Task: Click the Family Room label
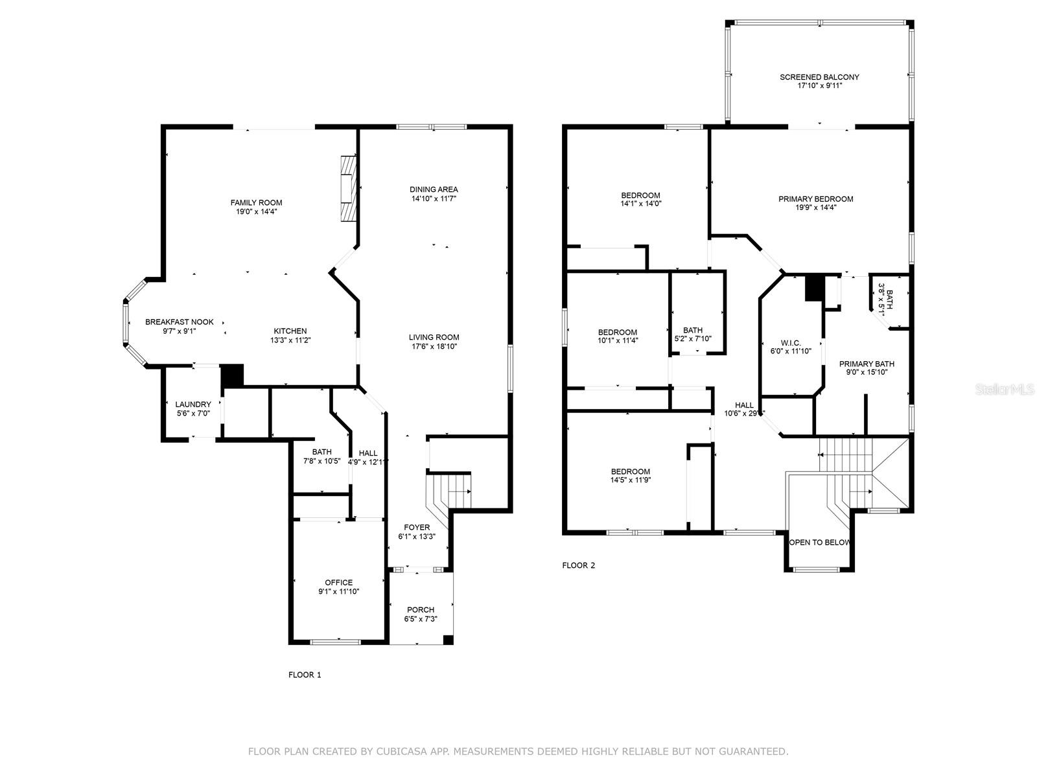pyautogui.click(x=256, y=203)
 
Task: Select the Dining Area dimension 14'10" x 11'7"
pyautogui.click(x=434, y=198)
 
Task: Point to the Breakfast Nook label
pyautogui.click(x=179, y=322)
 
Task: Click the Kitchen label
pyautogui.click(x=290, y=331)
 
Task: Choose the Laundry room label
pyautogui.click(x=193, y=405)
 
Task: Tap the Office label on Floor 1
pyautogui.click(x=339, y=582)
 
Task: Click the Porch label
pyautogui.click(x=421, y=610)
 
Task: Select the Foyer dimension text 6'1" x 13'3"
pyautogui.click(x=417, y=536)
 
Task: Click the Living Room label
pyautogui.click(x=434, y=337)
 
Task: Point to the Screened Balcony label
pyautogui.click(x=819, y=77)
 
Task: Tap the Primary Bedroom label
pyautogui.click(x=816, y=199)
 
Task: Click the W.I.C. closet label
pyautogui.click(x=790, y=343)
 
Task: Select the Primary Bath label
pyautogui.click(x=867, y=364)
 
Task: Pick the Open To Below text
pyautogui.click(x=819, y=542)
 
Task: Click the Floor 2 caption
pyautogui.click(x=578, y=565)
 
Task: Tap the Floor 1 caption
pyautogui.click(x=305, y=674)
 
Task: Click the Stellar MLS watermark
pyautogui.click(x=1005, y=390)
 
